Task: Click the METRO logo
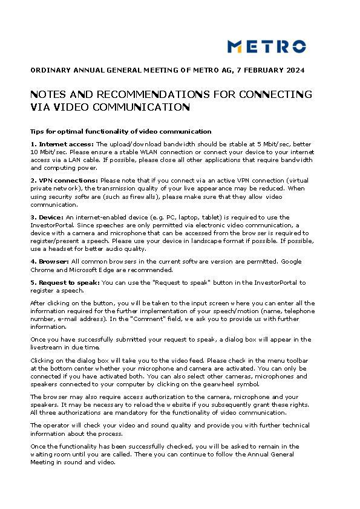pos(266,47)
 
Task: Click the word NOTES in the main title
pos(47,95)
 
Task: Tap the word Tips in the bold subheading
pos(38,131)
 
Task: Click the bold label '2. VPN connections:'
pos(64,180)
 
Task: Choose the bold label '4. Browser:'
pos(50,261)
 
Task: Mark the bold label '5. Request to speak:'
pos(65,282)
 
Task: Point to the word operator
pos(54,425)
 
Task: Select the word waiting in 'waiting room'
pos(42,454)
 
